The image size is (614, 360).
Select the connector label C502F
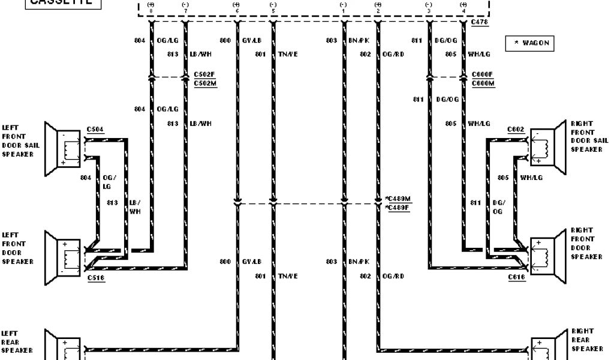pos(204,74)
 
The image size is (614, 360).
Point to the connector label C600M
pos(483,83)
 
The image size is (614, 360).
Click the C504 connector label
pos(95,128)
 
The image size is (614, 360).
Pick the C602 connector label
pos(516,129)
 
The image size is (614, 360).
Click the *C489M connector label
pos(398,199)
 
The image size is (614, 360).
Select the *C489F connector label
pos(398,208)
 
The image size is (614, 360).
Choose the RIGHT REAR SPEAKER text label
pos(582,340)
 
